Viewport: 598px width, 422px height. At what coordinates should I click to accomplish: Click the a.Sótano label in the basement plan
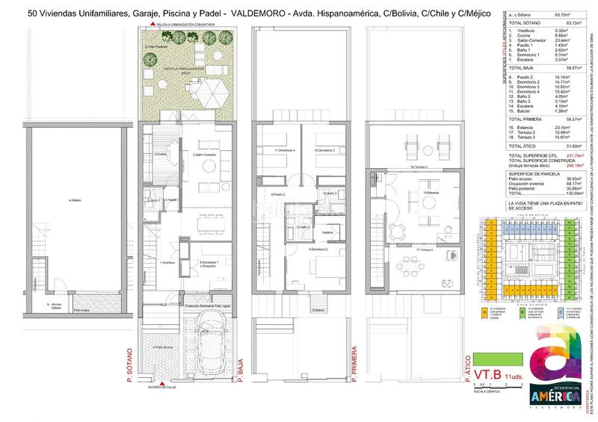pyautogui.click(x=74, y=200)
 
